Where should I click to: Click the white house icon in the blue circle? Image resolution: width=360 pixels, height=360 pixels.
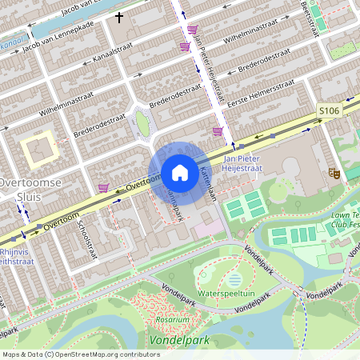(180, 172)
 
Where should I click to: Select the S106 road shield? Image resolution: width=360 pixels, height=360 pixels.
(329, 110)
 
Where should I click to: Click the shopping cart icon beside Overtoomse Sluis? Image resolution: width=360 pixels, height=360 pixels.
(103, 188)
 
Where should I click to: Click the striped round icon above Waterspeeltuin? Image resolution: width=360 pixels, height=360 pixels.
(234, 279)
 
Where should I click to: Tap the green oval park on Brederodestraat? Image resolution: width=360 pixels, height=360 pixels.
(142, 123)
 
